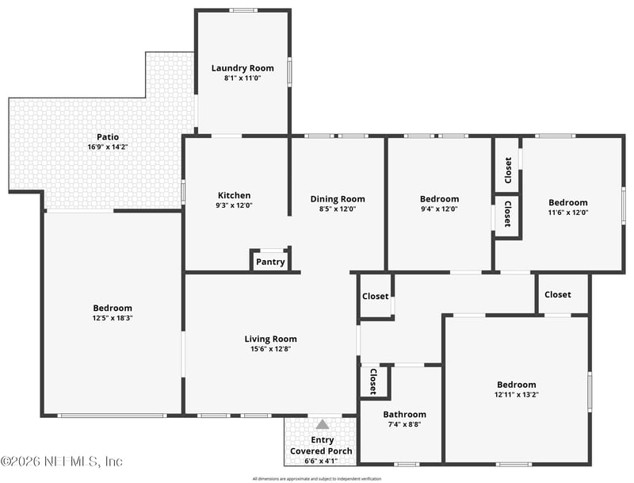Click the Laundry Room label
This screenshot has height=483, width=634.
coord(243,68)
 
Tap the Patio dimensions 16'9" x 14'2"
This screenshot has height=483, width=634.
coord(108,147)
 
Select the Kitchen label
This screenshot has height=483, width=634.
coord(235,195)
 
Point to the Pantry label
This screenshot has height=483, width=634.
coord(270,262)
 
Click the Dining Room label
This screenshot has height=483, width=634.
coord(338,199)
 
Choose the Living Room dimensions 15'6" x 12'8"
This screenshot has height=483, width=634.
coord(270,349)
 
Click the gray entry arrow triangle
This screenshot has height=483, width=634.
coord(323,424)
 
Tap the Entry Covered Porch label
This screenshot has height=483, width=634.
coord(323,446)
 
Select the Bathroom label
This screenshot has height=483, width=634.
coord(405,414)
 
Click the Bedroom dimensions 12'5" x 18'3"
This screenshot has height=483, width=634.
coord(113,318)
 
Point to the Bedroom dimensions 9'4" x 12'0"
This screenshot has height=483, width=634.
coord(439,209)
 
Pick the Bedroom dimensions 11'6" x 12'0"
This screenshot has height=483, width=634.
coord(568,213)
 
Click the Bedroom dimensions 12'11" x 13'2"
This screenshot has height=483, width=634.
coord(517,394)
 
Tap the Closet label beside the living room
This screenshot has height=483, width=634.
coord(376,297)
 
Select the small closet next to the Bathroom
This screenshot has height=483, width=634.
coord(373,381)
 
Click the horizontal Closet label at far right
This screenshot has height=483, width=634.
coord(558,294)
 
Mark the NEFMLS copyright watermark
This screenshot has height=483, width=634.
coord(62,461)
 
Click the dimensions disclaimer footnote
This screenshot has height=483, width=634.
coord(317,479)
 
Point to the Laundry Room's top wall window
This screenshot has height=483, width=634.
coord(243,10)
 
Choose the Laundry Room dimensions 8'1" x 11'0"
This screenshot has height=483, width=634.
coord(243,79)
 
